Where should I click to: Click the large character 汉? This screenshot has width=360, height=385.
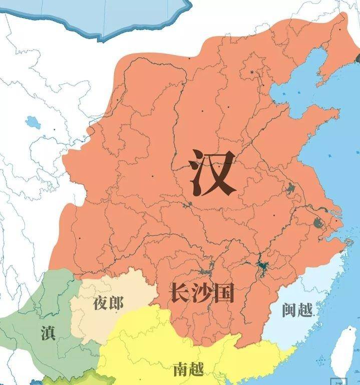pos(213,173)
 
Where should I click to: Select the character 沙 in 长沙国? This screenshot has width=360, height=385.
pos(201,292)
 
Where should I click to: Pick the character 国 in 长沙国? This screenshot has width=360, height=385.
pos(223,292)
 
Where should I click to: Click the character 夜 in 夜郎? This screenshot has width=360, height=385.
pos(100,303)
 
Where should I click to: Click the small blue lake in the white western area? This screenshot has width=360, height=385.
pos(33,122)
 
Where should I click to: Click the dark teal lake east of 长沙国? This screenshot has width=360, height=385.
pos(261,265)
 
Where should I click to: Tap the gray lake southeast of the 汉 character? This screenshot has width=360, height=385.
pos(290,189)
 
